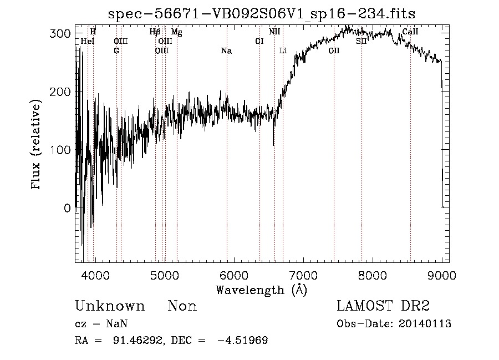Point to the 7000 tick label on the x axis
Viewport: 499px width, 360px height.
pos(303,275)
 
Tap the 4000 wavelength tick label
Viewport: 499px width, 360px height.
pos(95,275)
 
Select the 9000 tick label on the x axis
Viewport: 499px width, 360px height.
pos(442,275)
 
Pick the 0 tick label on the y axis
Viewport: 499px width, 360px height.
pos(67,208)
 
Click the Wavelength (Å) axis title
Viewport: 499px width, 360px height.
pos(261,290)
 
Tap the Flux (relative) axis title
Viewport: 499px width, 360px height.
pos(37,145)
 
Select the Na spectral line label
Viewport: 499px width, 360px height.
pos(226,51)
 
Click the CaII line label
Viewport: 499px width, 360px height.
pos(410,32)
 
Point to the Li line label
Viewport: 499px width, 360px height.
pos(283,51)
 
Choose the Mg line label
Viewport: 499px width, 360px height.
pos(176,32)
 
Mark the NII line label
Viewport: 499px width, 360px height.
pos(274,32)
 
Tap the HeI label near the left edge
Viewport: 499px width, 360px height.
pos(87,42)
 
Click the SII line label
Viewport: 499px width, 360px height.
pos(361,42)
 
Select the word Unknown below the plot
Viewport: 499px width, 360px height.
pos(110,306)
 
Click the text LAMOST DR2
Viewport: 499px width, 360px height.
pos(383,306)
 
